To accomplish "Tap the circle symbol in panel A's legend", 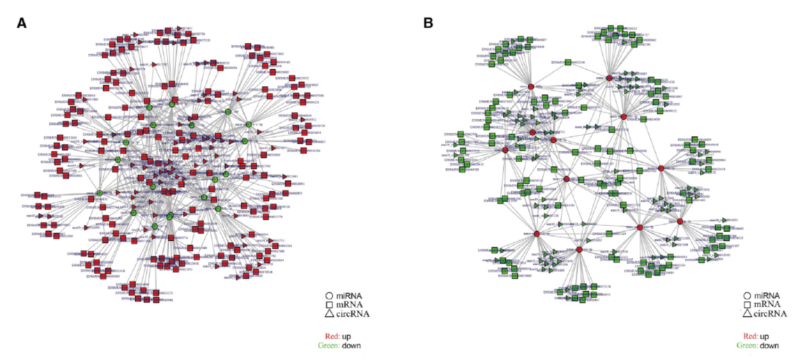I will pyautogui.click(x=329, y=296).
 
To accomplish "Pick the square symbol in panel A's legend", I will pyautogui.click(x=329, y=305).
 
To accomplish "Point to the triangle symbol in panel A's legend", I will pyautogui.click(x=329, y=314).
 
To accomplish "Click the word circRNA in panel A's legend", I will pyautogui.click(x=353, y=314).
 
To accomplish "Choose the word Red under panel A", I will pyautogui.click(x=332, y=336).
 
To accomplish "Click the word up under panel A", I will pyautogui.click(x=347, y=337).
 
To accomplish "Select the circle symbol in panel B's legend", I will pyautogui.click(x=747, y=296).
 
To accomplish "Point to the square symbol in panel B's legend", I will pyautogui.click(x=747, y=305).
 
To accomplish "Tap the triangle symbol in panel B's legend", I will pyautogui.click(x=747, y=314).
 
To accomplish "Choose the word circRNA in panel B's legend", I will pyautogui.click(x=771, y=314).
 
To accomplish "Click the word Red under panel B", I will pyautogui.click(x=750, y=336).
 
